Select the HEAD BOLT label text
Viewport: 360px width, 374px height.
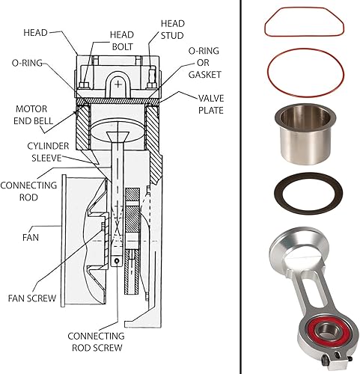[x=122, y=42]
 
